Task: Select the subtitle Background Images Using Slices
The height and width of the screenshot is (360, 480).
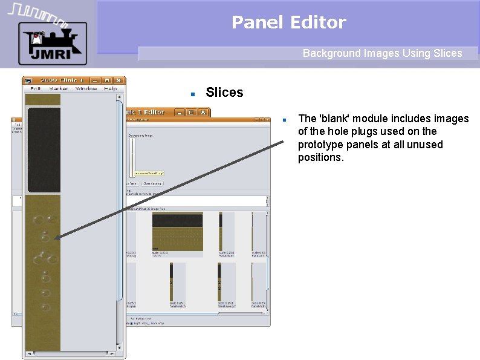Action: [382, 53]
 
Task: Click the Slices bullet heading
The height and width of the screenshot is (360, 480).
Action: [224, 93]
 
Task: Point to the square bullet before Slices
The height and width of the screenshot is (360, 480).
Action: [192, 94]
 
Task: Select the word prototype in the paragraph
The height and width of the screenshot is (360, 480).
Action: [319, 145]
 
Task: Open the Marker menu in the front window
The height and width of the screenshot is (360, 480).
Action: [59, 89]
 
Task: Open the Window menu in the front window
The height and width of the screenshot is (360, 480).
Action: [86, 89]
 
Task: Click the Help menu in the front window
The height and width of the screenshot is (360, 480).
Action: [110, 89]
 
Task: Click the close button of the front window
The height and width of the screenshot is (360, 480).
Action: [118, 80]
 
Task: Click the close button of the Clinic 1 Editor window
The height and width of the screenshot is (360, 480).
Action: [203, 112]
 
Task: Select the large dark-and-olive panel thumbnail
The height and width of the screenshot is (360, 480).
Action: [177, 232]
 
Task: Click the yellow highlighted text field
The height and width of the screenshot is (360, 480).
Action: [149, 173]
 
